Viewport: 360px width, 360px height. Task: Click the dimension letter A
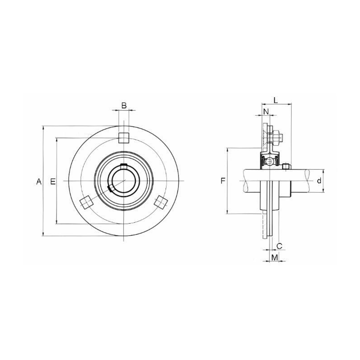(x=39, y=181)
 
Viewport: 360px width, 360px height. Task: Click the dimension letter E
(x=53, y=181)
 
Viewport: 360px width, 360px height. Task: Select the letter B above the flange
(x=124, y=106)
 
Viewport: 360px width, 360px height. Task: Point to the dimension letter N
(x=265, y=111)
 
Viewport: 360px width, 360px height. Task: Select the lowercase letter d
(x=319, y=181)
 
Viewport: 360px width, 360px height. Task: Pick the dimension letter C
(x=279, y=246)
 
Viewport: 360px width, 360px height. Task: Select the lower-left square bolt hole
(x=85, y=202)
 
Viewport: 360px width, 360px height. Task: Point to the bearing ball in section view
(x=269, y=161)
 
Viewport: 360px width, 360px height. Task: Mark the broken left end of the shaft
(x=245, y=181)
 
